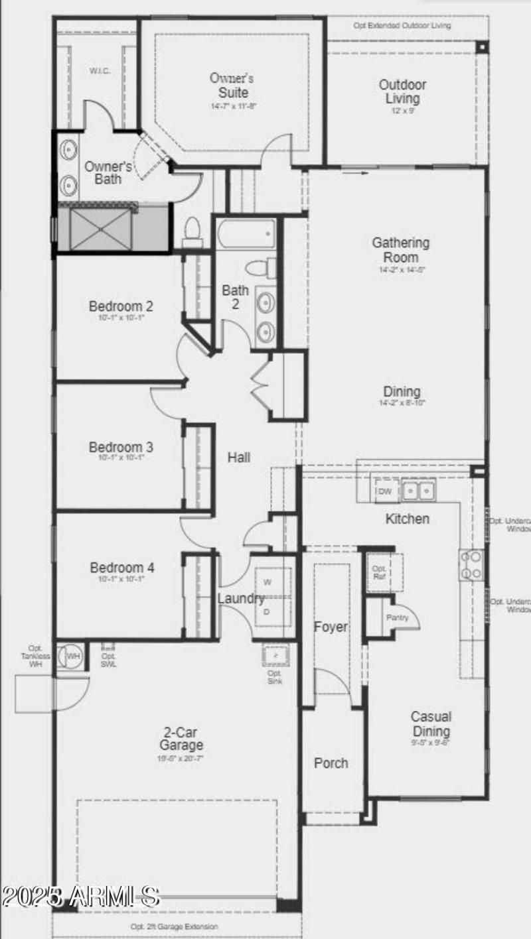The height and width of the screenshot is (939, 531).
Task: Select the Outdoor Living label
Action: [x=402, y=92]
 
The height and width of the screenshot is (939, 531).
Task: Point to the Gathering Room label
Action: [x=400, y=250]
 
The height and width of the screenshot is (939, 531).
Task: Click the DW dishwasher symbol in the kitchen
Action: [x=385, y=491]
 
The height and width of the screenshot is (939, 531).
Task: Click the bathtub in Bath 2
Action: [x=245, y=233]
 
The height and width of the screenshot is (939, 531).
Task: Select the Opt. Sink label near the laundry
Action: [x=275, y=677]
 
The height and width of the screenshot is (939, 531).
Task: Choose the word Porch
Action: [x=331, y=763]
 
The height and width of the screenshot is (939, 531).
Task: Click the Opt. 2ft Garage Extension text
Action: [x=174, y=926]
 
